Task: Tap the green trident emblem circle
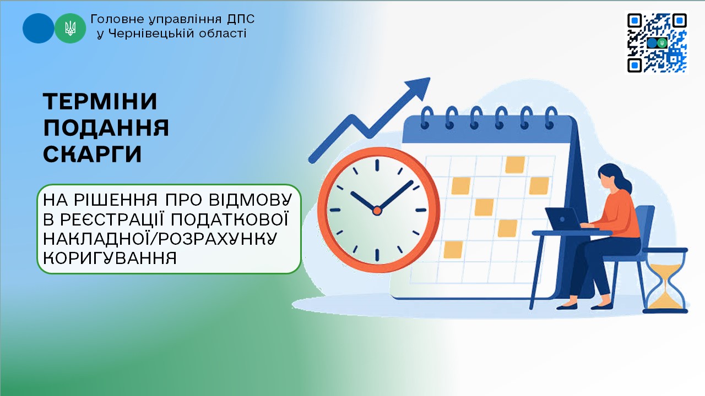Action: coord(70,28)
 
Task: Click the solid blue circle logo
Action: coord(39,28)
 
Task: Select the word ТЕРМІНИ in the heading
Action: coord(100,102)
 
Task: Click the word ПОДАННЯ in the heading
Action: coord(106,128)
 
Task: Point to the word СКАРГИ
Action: coord(93,154)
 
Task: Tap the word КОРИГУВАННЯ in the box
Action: coord(110,258)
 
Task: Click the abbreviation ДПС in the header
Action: coord(241,19)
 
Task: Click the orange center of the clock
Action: coord(377,211)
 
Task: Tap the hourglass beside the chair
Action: coord(665,280)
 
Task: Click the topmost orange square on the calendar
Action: coord(515,164)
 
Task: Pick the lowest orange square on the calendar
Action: coord(453,250)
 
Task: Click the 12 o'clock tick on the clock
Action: coord(377,165)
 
